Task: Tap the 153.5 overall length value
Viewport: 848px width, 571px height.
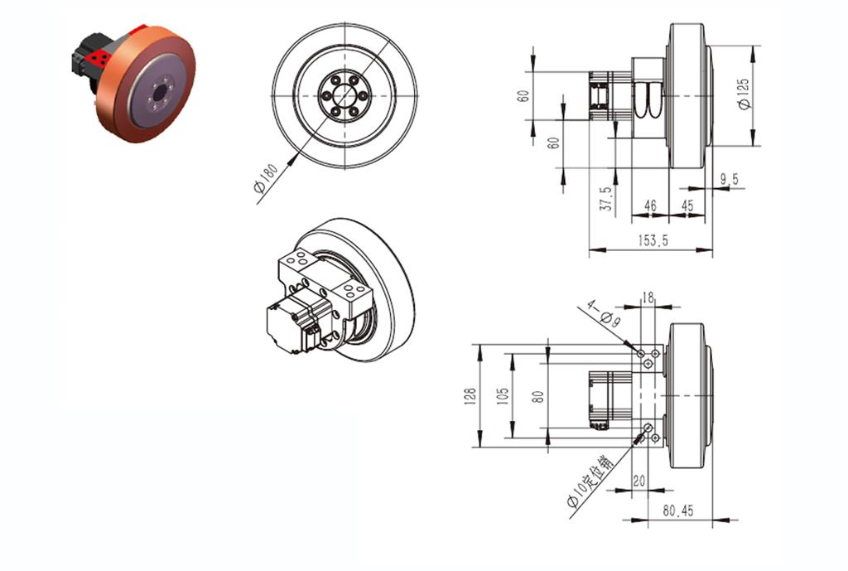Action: click(x=653, y=240)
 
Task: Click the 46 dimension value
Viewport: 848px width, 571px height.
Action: click(x=650, y=205)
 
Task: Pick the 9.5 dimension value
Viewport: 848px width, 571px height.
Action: click(x=730, y=179)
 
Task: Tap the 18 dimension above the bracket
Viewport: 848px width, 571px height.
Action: click(x=648, y=296)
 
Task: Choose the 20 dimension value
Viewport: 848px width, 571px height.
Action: click(x=638, y=481)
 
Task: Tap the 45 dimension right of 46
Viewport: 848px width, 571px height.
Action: click(x=687, y=205)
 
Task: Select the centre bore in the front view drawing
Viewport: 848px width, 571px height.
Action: click(x=344, y=97)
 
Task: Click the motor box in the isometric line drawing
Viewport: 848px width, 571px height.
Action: click(x=287, y=328)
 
